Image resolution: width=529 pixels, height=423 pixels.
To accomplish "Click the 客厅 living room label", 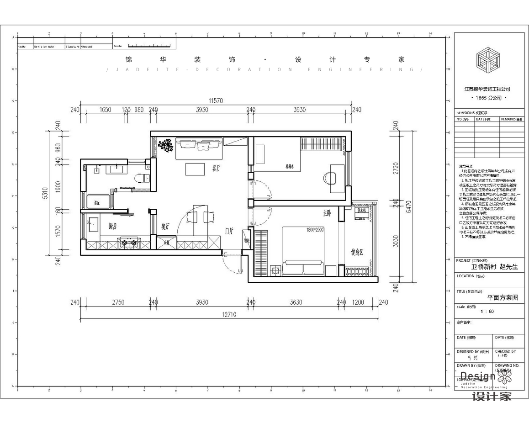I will pos(217,168).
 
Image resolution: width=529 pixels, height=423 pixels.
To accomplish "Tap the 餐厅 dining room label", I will pos(165,226).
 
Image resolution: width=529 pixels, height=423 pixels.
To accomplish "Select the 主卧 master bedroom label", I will pos(327,213).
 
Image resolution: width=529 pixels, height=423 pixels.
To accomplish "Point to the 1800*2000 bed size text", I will pos(315,230).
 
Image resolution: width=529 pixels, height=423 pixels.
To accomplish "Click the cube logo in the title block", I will pos(488,60).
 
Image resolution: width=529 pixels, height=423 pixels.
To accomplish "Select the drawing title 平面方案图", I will pos(503,297).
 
